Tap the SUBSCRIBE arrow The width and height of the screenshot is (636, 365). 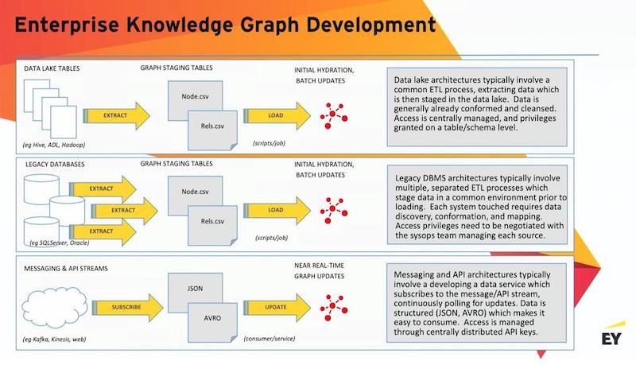pos(127,308)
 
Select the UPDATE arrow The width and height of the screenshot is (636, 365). pos(277,308)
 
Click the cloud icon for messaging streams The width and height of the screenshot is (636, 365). pos(54,308)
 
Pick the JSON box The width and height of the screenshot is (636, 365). pos(195,289)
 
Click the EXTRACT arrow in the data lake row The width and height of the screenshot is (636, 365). pos(116,115)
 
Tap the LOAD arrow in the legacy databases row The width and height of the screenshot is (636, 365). pos(277,210)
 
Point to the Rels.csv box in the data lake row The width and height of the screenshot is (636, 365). pos(212,130)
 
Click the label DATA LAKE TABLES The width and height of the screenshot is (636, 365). pos(52,68)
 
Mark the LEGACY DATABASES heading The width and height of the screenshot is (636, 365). pos(55,165)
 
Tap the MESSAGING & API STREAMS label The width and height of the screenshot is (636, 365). pos(66,269)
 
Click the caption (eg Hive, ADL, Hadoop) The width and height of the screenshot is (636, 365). pos(54,145)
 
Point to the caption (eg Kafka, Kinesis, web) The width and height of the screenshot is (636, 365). pos(54,340)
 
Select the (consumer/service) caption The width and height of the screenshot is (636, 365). pos(270,338)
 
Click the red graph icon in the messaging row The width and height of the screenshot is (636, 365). pos(333,308)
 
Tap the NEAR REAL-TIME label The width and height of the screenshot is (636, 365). pos(320,266)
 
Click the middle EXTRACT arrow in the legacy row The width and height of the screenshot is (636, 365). pos(125,211)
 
